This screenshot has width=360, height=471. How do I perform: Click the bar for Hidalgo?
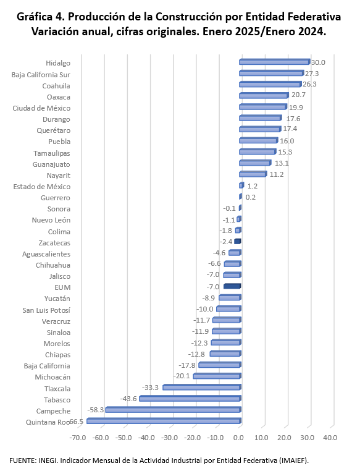[275, 62]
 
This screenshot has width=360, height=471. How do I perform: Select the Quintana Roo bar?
[164, 421]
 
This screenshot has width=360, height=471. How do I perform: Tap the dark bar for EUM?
[233, 286]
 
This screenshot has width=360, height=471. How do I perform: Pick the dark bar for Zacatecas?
[238, 242]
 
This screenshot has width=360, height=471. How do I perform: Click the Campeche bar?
[174, 410]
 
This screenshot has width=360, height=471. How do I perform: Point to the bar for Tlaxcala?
[202, 387]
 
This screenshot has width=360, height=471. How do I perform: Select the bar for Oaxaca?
[264, 96]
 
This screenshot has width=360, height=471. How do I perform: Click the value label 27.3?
[312, 74]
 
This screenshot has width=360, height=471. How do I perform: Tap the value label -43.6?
[128, 399]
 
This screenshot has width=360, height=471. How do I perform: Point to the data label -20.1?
[182, 376]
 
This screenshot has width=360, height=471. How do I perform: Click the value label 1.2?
[253, 186]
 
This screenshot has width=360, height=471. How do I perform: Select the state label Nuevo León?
[51, 220]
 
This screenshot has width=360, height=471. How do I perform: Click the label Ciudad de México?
[41, 108]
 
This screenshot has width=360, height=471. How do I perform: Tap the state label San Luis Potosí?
[46, 310]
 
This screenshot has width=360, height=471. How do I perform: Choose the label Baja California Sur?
[41, 75]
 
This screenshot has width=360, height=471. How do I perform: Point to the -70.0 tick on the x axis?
[78, 438]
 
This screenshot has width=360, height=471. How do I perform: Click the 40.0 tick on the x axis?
[330, 438]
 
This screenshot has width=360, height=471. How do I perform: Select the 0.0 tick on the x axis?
[238, 438]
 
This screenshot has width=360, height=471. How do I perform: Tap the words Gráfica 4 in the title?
[41, 17]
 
